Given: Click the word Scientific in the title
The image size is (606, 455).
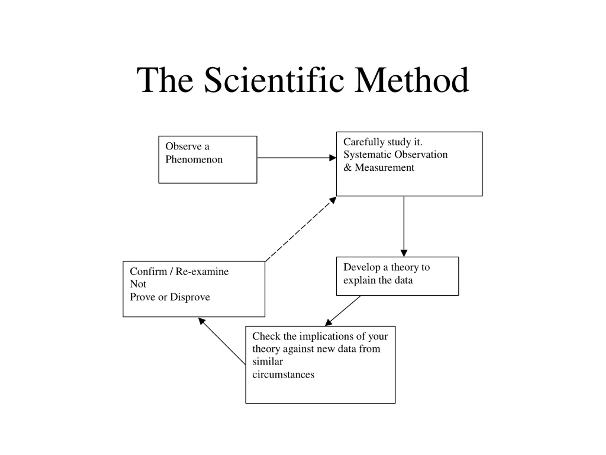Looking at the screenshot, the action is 274,80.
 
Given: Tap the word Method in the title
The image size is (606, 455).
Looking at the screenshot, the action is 412,80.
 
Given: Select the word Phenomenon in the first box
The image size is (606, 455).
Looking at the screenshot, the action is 194,159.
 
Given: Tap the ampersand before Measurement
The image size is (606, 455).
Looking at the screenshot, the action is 347,167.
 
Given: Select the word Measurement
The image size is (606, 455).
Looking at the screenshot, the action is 384,167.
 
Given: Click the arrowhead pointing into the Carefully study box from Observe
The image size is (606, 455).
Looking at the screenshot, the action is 332,158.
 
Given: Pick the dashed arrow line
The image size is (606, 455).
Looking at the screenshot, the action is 301,229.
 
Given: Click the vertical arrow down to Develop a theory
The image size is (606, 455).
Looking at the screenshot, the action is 404,226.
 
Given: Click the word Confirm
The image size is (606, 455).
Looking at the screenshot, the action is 148,272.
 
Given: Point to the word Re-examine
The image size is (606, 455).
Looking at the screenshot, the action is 202,272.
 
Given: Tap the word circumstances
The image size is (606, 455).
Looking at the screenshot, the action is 283,375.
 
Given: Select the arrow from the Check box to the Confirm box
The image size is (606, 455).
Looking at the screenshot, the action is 222,341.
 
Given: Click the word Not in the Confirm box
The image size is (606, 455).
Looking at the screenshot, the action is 138,284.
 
